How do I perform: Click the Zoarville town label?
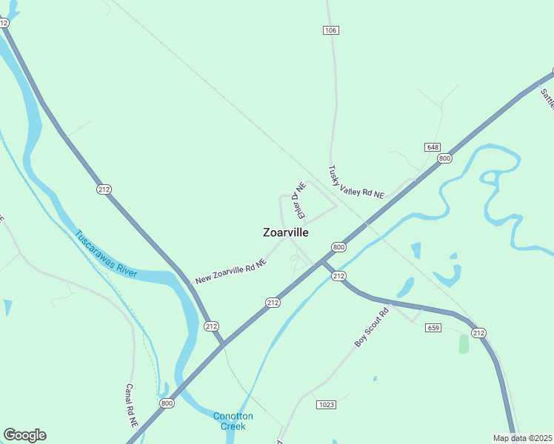point(286,232)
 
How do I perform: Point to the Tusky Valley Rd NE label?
point(356,182)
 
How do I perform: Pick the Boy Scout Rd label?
point(371,327)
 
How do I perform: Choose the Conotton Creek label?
point(233,420)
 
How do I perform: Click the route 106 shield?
point(330,30)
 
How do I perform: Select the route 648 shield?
point(433,147)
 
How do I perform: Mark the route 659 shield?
point(434,328)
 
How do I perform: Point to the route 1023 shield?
point(326,404)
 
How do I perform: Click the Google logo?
point(24,435)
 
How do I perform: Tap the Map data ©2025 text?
point(523,438)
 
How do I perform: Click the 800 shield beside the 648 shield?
point(444,158)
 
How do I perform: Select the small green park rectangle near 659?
point(464,344)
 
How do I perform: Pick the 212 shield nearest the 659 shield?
point(478,333)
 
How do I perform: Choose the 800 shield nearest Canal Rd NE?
point(167,403)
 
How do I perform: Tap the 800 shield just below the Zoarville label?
point(338,247)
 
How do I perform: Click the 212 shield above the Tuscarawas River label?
point(104,189)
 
